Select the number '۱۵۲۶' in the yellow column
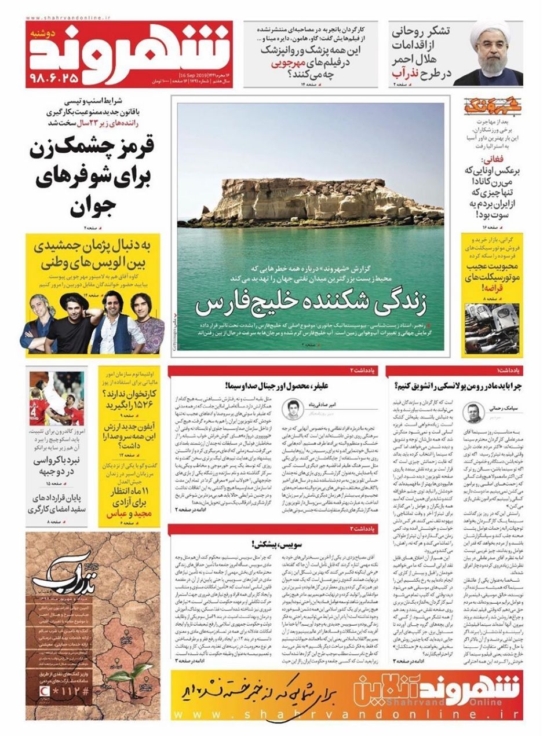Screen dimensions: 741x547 click(141, 405)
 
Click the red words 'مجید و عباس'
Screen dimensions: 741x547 click(123, 513)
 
